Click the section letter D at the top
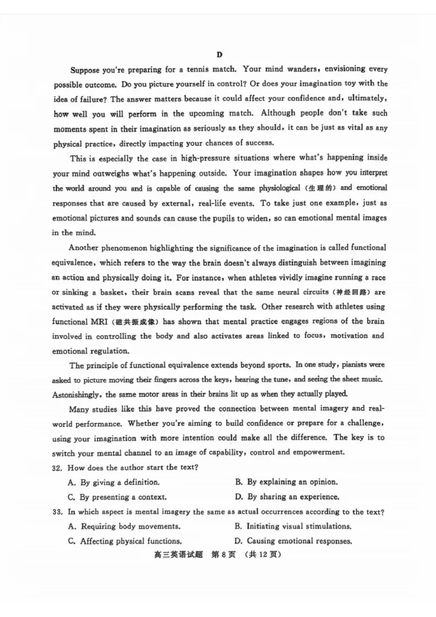[219, 55]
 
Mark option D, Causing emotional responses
[293, 541]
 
